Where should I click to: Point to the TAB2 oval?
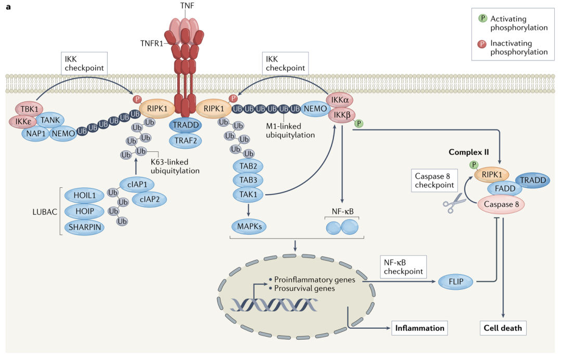(x=248, y=167)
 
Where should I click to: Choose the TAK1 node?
(x=248, y=194)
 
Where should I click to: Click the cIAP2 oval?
(x=149, y=199)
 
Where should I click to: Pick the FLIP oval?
(x=454, y=282)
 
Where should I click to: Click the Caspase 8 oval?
(x=501, y=205)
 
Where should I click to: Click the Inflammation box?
(x=419, y=328)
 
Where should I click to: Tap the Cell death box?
(x=502, y=328)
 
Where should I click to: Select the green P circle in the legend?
(x=482, y=18)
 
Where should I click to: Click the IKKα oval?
(x=342, y=99)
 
